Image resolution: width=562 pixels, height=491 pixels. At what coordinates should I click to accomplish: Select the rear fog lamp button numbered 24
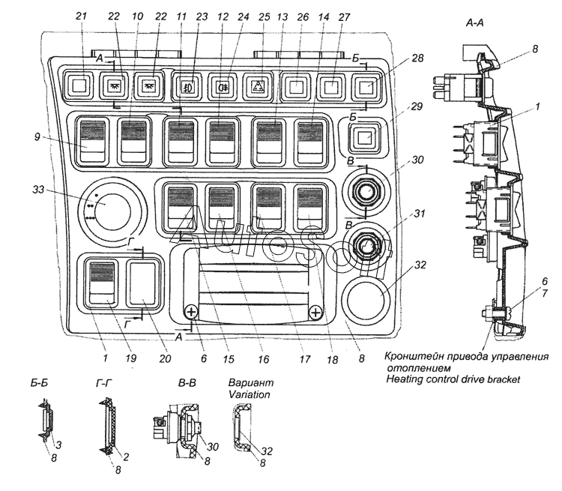point(221,86)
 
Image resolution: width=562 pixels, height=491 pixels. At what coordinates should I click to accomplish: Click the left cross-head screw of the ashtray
point(191,312)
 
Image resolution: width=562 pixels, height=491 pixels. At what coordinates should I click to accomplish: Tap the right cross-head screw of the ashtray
point(315,313)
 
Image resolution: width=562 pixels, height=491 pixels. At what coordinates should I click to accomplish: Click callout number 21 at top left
point(82,16)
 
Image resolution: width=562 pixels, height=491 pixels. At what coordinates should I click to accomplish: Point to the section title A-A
point(474,23)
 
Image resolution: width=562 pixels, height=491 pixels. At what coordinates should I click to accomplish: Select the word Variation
point(249,394)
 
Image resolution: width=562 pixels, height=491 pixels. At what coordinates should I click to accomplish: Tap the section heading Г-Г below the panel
point(104,384)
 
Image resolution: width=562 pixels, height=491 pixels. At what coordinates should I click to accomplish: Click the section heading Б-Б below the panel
point(39,383)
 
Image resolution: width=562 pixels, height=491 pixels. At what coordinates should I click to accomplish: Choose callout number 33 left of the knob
point(38,189)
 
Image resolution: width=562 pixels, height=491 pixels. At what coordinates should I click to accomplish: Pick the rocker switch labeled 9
point(93,142)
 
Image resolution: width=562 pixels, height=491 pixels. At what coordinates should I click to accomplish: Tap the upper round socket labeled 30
point(366,190)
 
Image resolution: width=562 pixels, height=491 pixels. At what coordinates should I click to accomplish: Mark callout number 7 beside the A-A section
point(545,294)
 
